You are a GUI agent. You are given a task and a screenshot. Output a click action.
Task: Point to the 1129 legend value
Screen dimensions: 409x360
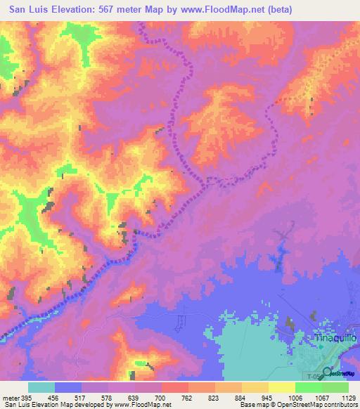[349, 398]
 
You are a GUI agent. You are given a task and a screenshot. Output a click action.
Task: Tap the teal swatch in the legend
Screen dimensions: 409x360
[41, 387]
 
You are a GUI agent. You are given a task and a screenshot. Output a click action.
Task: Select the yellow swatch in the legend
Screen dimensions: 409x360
[282, 387]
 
